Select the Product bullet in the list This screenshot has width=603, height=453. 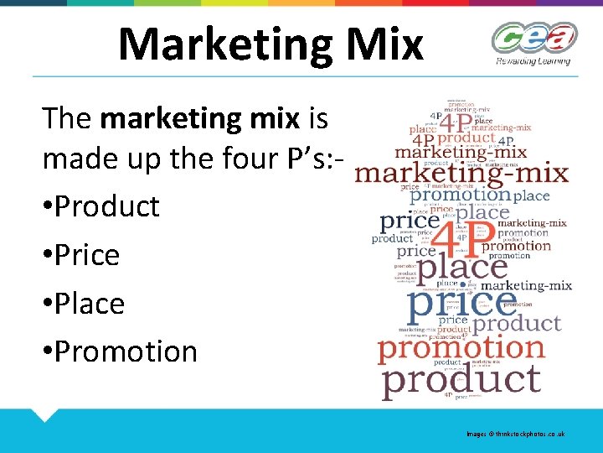(x=100, y=206)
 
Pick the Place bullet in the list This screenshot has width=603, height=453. (x=84, y=303)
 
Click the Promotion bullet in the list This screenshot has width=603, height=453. (x=120, y=351)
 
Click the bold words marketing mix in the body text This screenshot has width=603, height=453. (x=199, y=119)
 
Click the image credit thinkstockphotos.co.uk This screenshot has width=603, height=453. (x=516, y=434)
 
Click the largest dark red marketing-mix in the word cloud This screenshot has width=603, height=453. (x=461, y=174)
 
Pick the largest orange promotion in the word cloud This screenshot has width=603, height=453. (x=461, y=347)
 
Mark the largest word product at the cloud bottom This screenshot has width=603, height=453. (x=461, y=378)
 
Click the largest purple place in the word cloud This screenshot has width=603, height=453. (x=462, y=268)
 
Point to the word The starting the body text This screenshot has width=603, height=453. (x=68, y=119)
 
